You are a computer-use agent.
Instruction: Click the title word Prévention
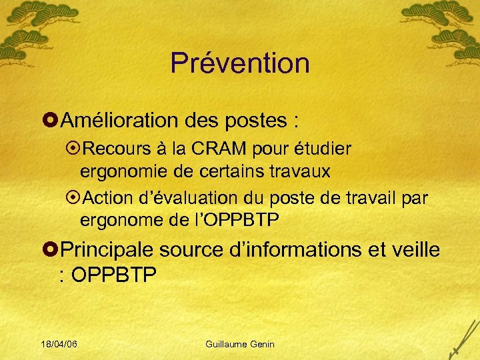pyautogui.click(x=240, y=63)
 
